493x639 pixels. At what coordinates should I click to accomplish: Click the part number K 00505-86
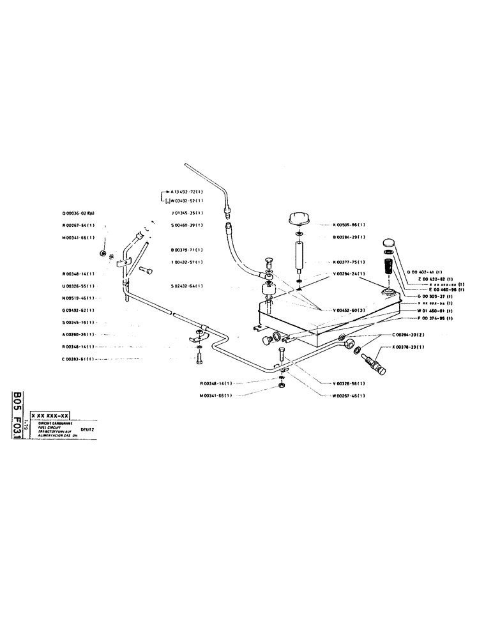click(348, 225)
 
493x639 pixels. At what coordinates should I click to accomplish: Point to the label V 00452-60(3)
click(349, 311)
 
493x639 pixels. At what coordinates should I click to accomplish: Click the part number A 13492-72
click(186, 192)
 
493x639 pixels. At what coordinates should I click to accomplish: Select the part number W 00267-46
click(348, 396)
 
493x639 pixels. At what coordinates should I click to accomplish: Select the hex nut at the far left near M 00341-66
click(103, 254)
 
